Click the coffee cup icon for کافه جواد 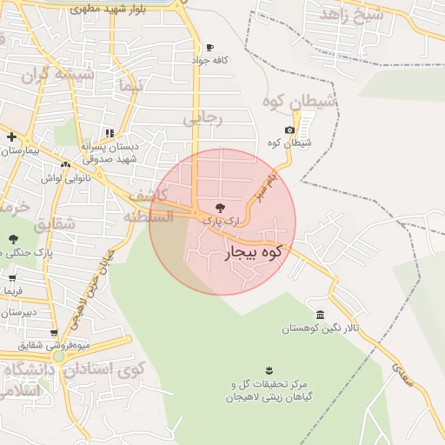pos(209,48)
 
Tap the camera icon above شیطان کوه pos(289,130)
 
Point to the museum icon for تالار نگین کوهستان pos(321,315)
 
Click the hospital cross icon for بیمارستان pos(11,136)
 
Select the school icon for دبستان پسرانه pos(110,134)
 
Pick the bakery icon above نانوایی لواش pos(65,164)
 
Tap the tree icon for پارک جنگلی pos(12,238)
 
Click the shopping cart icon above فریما pos(12,279)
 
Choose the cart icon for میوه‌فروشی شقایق pos(54,332)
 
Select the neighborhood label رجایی pos(203,119)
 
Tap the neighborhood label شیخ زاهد pos(352,14)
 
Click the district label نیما pos(131,87)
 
